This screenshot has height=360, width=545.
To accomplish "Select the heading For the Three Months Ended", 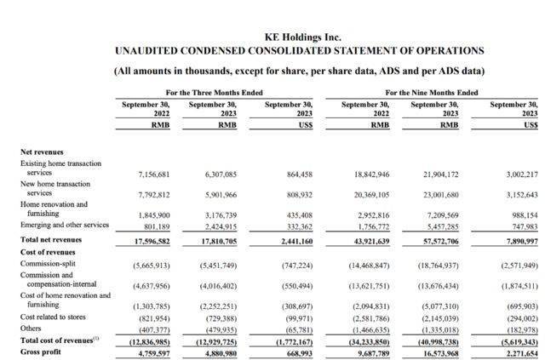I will [x=214, y=93].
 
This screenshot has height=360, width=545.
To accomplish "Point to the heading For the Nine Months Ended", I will [x=433, y=93].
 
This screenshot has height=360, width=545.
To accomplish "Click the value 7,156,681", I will [x=154, y=174].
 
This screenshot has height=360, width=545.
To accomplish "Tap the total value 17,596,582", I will [x=152, y=241].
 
